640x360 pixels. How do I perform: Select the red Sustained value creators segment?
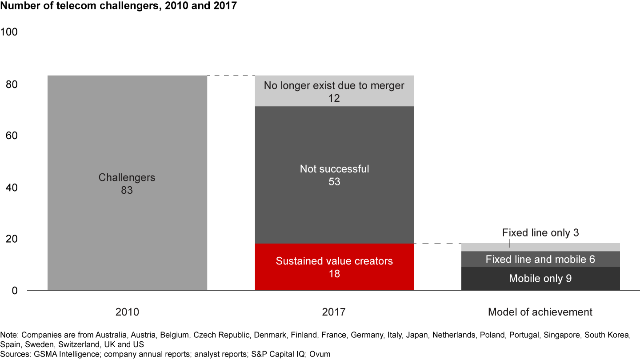(x=334, y=267)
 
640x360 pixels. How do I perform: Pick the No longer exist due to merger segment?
(x=334, y=91)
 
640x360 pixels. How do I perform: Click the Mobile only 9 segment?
(x=540, y=279)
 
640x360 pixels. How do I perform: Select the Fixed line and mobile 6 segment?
(x=540, y=259)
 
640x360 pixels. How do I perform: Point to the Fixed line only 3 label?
(x=540, y=232)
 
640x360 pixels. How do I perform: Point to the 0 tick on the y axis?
(x=14, y=291)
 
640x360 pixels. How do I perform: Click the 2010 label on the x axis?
(x=127, y=312)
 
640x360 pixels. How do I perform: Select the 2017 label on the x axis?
(x=334, y=312)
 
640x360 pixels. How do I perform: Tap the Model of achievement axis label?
(x=540, y=312)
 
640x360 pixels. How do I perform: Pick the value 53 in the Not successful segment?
(x=334, y=182)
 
